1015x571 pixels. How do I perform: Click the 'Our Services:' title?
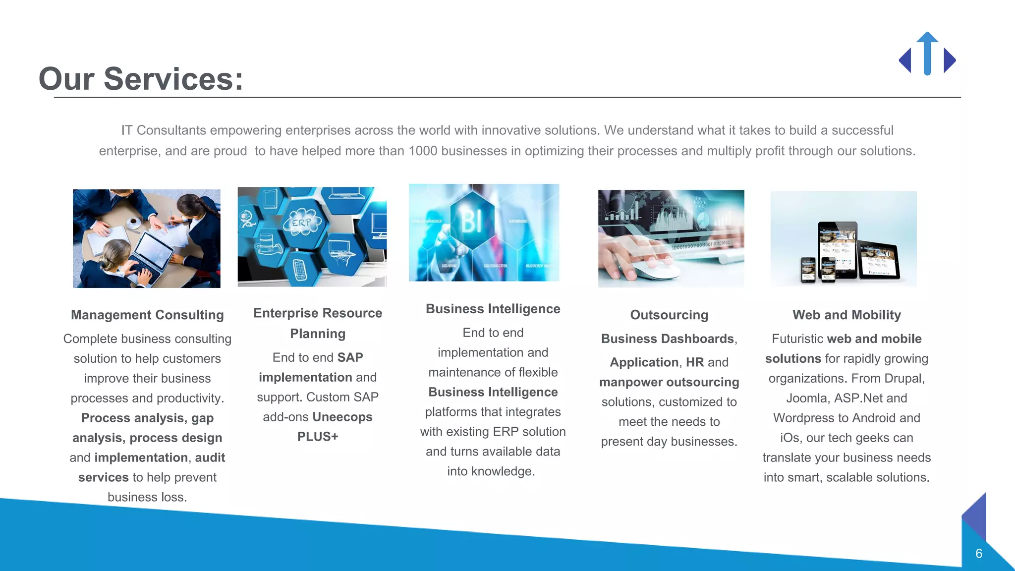141,79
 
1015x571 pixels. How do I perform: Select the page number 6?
979,554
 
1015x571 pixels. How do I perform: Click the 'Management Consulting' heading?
147,315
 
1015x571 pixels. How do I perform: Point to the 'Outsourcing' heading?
669,315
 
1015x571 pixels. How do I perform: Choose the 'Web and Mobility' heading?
846,315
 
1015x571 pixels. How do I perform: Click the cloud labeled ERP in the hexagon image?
301,224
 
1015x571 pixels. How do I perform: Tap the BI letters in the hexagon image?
471,221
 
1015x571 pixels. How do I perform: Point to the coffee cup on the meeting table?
133,223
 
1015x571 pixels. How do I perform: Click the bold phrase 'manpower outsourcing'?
669,382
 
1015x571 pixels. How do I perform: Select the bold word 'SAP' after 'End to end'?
350,357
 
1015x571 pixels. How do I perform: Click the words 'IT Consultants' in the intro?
164,130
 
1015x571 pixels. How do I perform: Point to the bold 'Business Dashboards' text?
667,339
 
